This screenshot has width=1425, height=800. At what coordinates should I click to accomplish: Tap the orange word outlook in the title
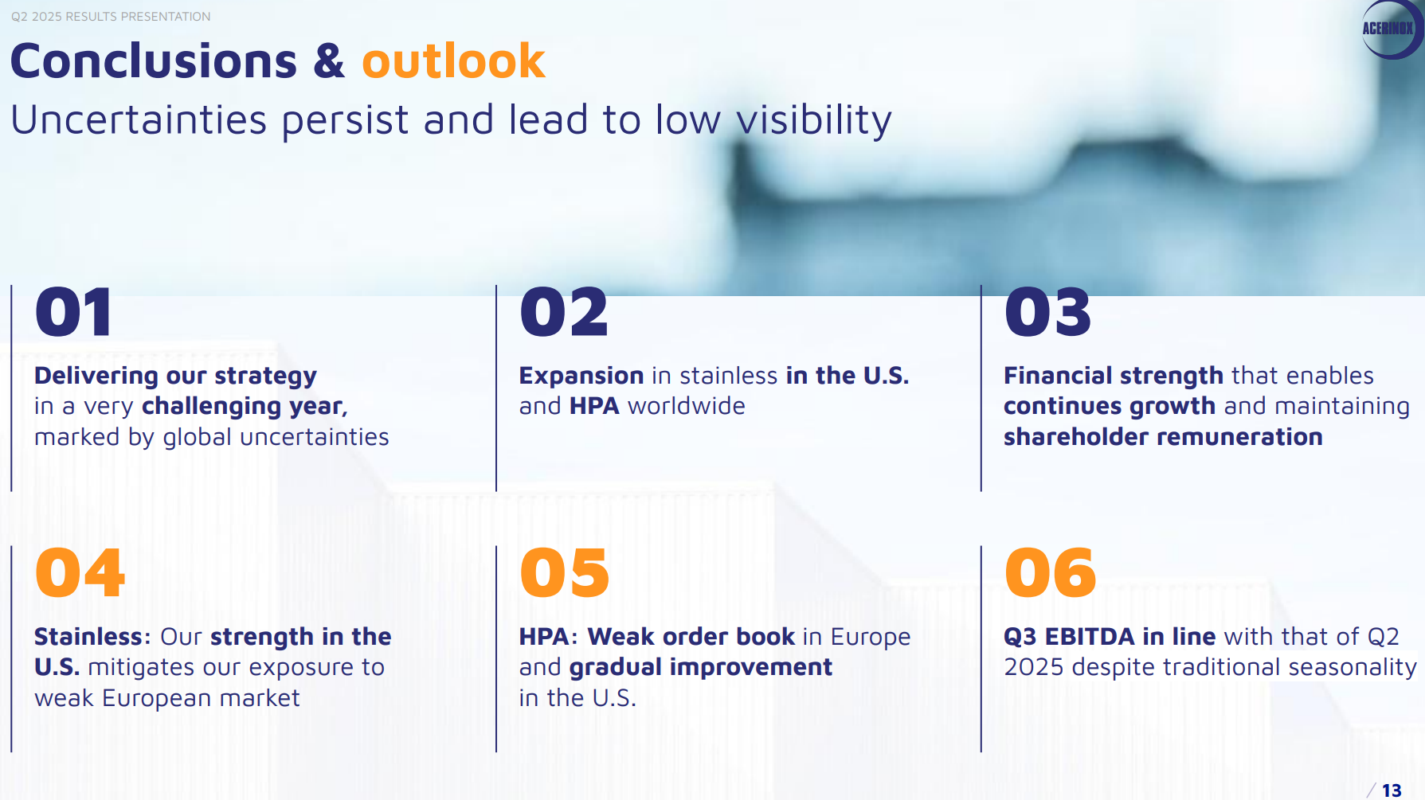453,61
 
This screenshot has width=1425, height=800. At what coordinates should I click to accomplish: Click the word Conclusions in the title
154,61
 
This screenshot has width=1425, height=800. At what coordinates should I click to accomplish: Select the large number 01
73,312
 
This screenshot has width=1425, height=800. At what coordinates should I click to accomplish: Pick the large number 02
564,312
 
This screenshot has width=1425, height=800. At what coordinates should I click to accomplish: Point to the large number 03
1048,312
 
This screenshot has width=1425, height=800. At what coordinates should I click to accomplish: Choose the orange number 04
80,572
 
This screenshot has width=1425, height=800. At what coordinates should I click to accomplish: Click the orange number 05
565,572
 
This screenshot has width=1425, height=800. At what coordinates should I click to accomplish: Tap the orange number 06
1051,572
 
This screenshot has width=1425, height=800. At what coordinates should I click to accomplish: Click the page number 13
1392,790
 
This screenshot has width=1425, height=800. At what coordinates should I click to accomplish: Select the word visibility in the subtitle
813,121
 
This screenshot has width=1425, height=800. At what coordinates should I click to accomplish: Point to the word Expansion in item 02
581,376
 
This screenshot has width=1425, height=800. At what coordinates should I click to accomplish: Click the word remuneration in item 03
1235,437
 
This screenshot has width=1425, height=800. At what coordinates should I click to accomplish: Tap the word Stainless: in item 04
92,637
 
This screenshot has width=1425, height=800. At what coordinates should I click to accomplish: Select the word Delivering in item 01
96,376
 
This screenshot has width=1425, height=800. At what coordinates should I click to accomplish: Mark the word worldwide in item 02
687,406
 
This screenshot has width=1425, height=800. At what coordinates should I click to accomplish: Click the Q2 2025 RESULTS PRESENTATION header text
111,17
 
